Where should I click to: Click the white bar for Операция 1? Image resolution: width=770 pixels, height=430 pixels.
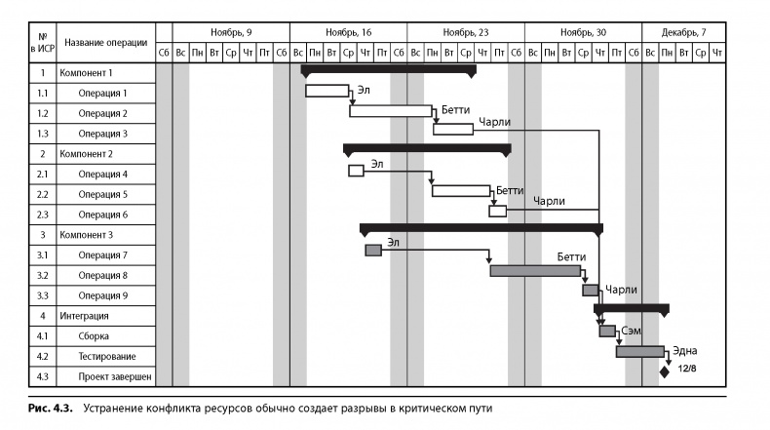pyautogui.click(x=327, y=91)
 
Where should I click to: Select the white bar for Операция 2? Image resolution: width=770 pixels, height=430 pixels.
pyautogui.click(x=390, y=111)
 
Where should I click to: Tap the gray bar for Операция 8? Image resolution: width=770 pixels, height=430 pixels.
pyautogui.click(x=535, y=270)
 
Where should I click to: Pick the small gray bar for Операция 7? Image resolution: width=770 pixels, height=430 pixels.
pyautogui.click(x=373, y=251)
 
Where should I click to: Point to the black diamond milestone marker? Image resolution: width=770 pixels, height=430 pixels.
pyautogui.click(x=665, y=371)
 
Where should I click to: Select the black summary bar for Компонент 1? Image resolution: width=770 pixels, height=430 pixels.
pyautogui.click(x=388, y=70)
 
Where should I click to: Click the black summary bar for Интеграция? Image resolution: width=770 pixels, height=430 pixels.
pyautogui.click(x=631, y=308)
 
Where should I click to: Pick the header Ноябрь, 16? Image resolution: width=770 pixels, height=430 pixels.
pyautogui.click(x=348, y=32)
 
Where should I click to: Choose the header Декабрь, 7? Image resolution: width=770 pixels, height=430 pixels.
pyautogui.click(x=684, y=32)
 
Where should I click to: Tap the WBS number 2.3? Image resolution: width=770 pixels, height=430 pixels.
pyautogui.click(x=43, y=215)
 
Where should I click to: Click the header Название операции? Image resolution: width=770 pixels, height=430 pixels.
pyautogui.click(x=106, y=42)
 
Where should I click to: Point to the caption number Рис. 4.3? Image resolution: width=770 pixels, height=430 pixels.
pyautogui.click(x=46, y=408)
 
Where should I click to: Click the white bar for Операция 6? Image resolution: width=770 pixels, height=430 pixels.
pyautogui.click(x=498, y=211)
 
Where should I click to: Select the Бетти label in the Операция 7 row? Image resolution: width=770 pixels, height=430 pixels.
pyautogui.click(x=571, y=256)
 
